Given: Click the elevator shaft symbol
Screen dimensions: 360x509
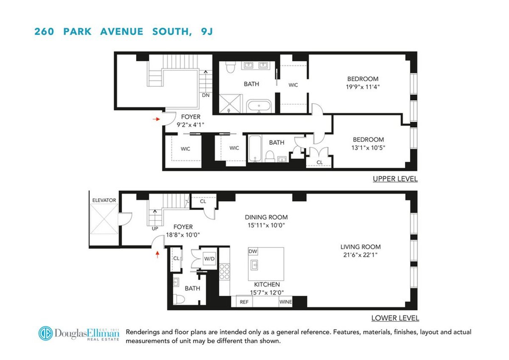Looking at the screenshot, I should [103, 225].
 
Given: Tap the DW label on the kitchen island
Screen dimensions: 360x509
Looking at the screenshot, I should [253, 251].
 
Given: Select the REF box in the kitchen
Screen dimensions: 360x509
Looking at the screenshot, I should [244, 302].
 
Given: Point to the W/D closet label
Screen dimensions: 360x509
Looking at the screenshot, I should [210, 258].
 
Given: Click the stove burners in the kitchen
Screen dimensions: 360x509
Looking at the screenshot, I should [224, 272].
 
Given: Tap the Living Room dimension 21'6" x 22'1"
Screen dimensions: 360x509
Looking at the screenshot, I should [360, 255].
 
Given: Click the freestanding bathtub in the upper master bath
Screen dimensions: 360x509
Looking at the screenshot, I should [258, 106].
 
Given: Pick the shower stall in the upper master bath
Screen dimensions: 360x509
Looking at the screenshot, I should [229, 104].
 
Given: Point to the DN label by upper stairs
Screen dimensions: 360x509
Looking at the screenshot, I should [206, 95].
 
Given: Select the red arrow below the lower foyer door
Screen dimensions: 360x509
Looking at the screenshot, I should [158, 254].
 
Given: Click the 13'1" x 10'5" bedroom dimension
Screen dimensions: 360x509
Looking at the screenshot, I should [369, 148].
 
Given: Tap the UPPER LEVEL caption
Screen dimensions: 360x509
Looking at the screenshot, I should [395, 179].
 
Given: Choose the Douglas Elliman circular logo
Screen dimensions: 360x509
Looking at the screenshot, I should [45, 333].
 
